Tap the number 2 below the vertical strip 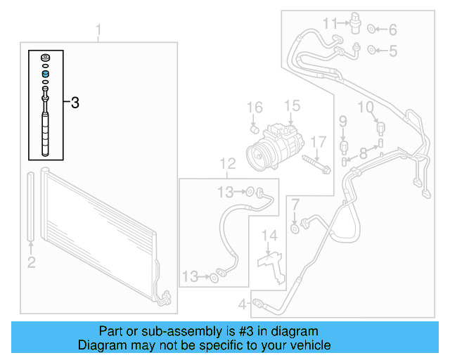tap(31, 263)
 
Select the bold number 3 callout tap(75, 103)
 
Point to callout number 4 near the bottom tap(242, 304)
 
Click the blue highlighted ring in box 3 tap(46, 74)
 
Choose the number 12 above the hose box tap(227, 164)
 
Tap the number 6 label tap(392, 30)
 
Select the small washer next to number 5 tap(373, 50)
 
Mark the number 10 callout tap(366, 107)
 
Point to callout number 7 tap(295, 205)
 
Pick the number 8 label tap(363, 153)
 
